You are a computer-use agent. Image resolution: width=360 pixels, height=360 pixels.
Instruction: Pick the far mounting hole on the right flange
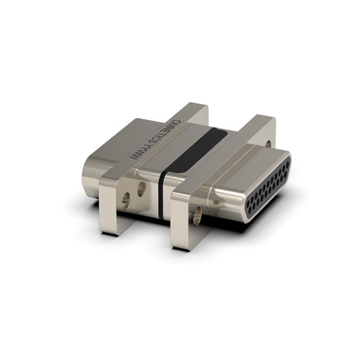pos(268,144)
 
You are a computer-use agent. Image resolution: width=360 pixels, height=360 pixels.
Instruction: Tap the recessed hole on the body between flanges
pos(141,188)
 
